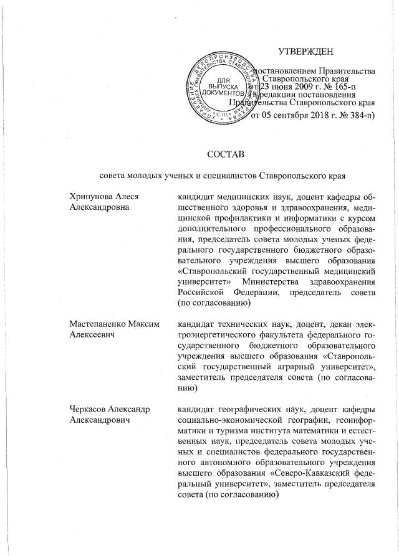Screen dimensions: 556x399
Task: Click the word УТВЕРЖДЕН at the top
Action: tap(305, 50)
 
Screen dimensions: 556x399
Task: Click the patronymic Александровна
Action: tap(100, 207)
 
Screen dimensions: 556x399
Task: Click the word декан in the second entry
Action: tap(345, 323)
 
